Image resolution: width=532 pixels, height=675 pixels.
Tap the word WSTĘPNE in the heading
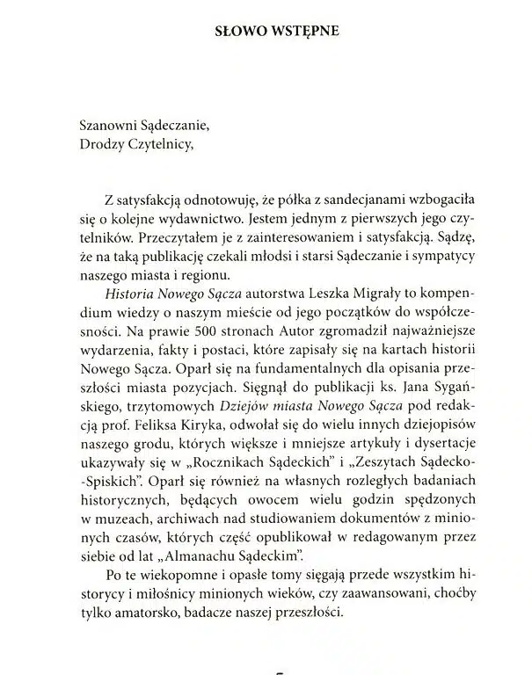[303, 33]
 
